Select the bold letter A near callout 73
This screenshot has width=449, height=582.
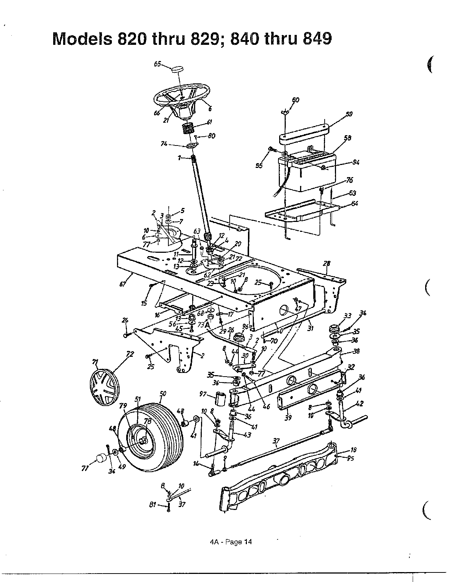coord(207,324)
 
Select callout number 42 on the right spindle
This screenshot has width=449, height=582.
coord(359,403)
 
